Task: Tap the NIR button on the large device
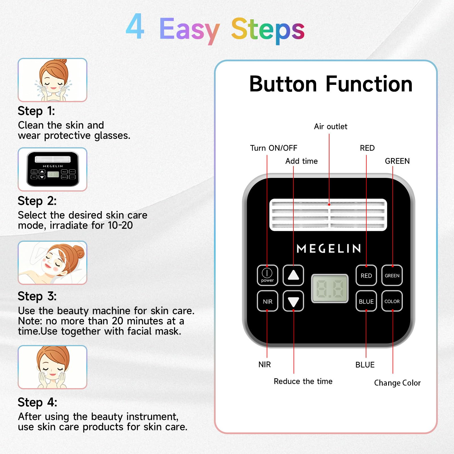tap(267, 301)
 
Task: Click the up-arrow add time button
tap(293, 275)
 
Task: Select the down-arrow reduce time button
tap(293, 301)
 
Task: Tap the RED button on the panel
tap(366, 275)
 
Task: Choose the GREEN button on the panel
tap(392, 275)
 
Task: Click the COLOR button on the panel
tap(392, 301)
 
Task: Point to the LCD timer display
tap(330, 288)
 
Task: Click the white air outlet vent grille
tap(328, 215)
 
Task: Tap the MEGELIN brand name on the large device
tap(329, 249)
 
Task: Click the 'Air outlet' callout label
tap(331, 127)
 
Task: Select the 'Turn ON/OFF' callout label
tap(274, 148)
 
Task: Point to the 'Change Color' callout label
tap(397, 383)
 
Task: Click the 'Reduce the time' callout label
tap(303, 381)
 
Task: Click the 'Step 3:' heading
tap(37, 297)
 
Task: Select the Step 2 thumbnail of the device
tap(52, 169)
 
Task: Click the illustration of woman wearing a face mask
tap(52, 263)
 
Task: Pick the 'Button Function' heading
tap(331, 84)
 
